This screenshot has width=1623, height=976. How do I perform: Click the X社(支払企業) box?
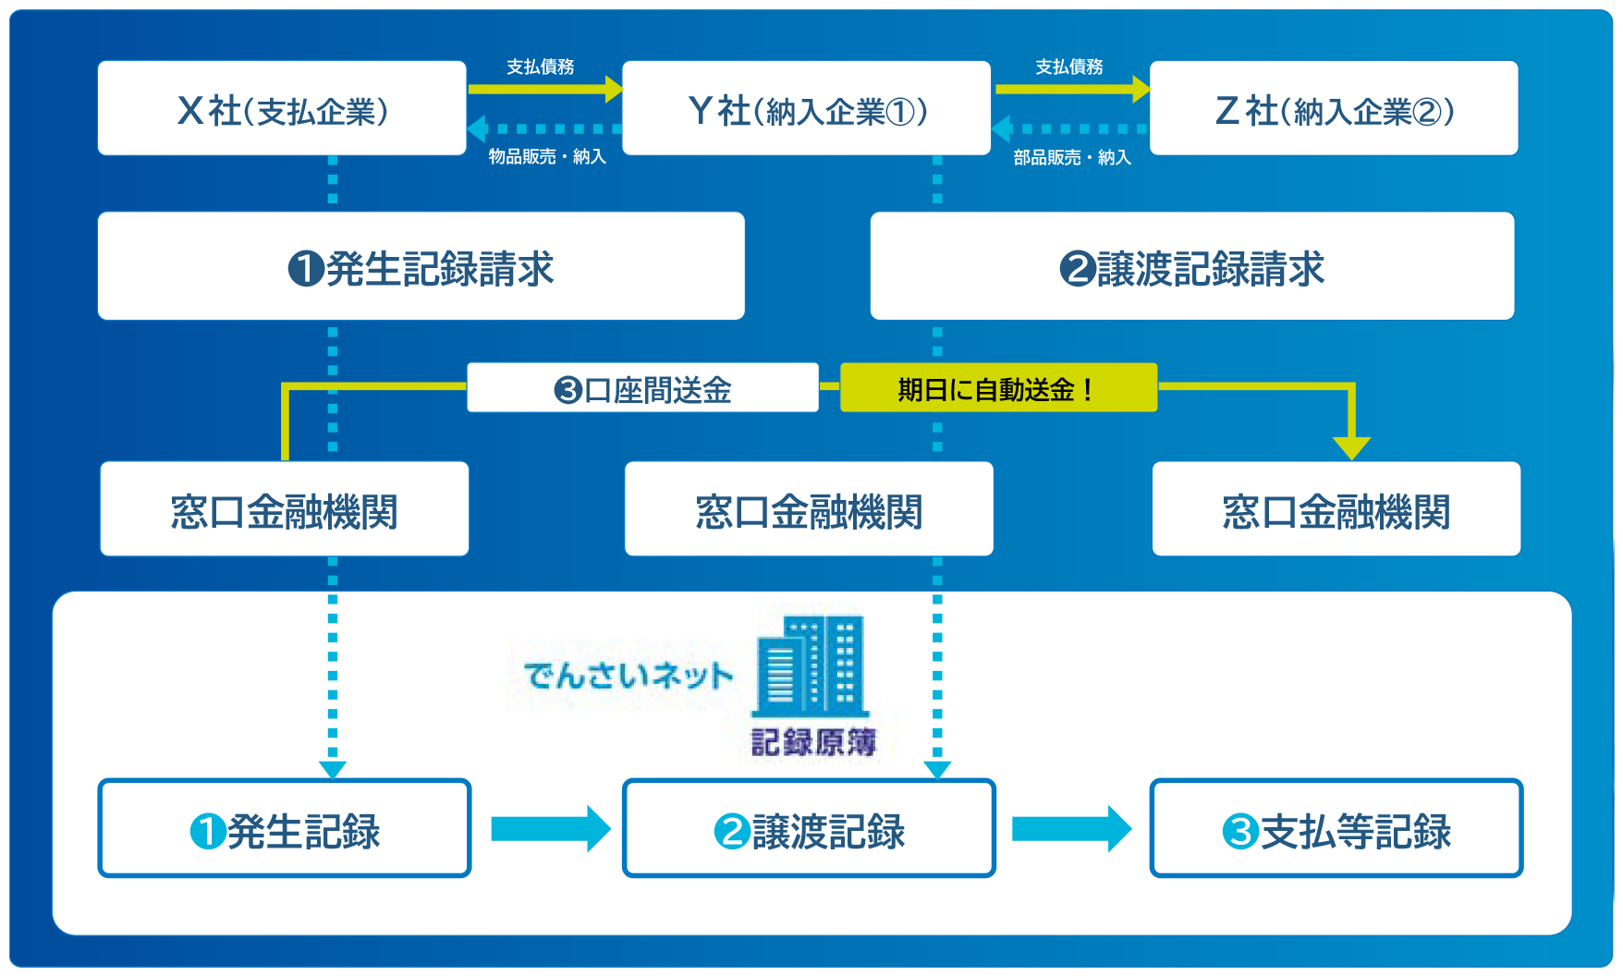(282, 109)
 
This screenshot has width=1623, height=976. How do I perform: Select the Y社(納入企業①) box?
(806, 109)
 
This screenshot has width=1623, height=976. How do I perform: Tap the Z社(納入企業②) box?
(1334, 109)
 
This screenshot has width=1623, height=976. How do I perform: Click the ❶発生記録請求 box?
(421, 267)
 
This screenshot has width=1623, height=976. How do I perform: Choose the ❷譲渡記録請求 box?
(1191, 267)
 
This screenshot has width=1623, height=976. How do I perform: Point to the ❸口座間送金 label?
(642, 389)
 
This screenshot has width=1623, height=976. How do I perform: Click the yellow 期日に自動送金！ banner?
(997, 389)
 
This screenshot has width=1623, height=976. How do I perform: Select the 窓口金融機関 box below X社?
(284, 510)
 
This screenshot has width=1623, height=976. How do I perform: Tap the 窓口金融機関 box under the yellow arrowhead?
(1336, 510)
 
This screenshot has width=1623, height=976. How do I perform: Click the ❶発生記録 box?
(285, 830)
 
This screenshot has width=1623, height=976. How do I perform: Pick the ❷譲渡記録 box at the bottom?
(809, 830)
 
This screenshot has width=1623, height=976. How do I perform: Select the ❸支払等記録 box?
(1336, 830)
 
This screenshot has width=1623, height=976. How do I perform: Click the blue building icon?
(811, 667)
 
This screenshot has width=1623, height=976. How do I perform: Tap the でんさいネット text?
(628, 676)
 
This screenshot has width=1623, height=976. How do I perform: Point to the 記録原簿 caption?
(812, 742)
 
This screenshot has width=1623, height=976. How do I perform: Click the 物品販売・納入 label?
(547, 157)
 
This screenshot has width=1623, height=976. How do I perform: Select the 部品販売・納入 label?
(1072, 158)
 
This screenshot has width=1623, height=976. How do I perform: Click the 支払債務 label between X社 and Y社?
(541, 67)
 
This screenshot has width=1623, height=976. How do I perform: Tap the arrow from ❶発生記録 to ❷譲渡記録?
(550, 829)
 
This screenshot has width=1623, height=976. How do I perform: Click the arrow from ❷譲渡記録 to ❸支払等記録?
(1071, 829)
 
